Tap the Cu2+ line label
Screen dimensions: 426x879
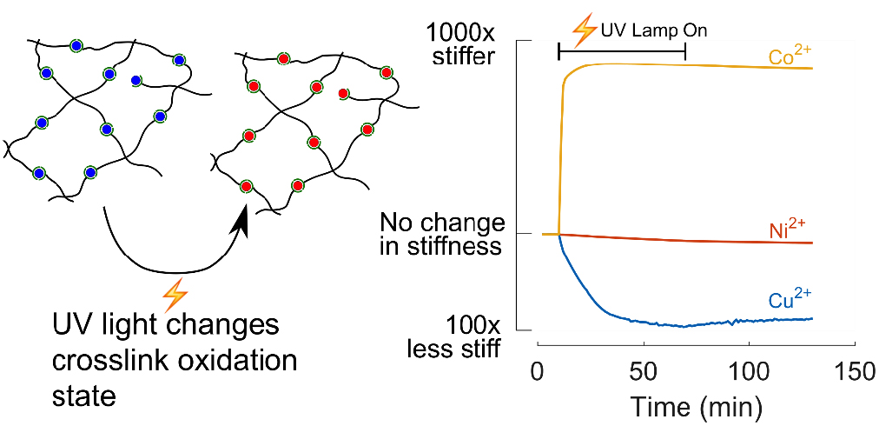coord(789,300)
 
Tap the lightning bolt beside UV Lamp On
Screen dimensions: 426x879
coord(579,30)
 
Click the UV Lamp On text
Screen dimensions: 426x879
coord(654,30)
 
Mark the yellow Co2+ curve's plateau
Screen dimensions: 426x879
coord(677,65)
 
